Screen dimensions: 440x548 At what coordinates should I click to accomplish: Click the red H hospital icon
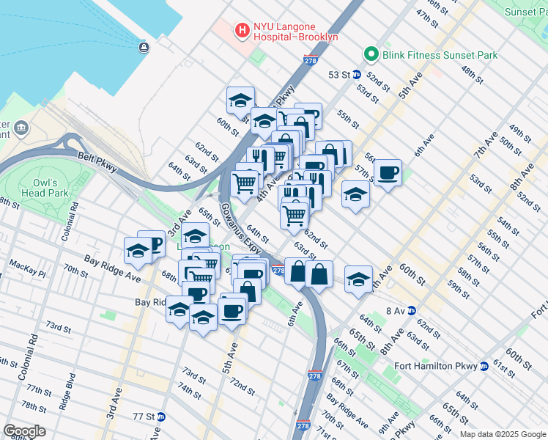click(x=241, y=30)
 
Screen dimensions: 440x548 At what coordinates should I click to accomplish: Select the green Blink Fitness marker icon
click(x=371, y=55)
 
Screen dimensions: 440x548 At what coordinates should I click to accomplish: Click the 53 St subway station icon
click(x=355, y=74)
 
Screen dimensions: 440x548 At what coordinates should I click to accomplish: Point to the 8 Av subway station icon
click(x=412, y=310)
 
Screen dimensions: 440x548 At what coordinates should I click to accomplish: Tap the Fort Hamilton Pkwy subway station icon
click(x=484, y=366)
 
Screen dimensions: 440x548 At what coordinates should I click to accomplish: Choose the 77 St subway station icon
click(x=161, y=417)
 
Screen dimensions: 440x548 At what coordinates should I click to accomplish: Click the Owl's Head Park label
click(x=51, y=188)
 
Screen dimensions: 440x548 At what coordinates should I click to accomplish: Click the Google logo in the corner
click(x=24, y=430)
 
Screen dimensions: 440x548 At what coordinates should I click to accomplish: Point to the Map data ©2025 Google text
click(x=502, y=434)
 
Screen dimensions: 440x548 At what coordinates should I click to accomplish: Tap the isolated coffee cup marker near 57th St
click(x=388, y=173)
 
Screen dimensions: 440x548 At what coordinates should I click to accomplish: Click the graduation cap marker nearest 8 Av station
click(x=358, y=279)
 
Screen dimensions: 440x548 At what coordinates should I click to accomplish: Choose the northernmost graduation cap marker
click(x=239, y=100)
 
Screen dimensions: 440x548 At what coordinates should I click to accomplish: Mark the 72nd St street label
click(x=242, y=386)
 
